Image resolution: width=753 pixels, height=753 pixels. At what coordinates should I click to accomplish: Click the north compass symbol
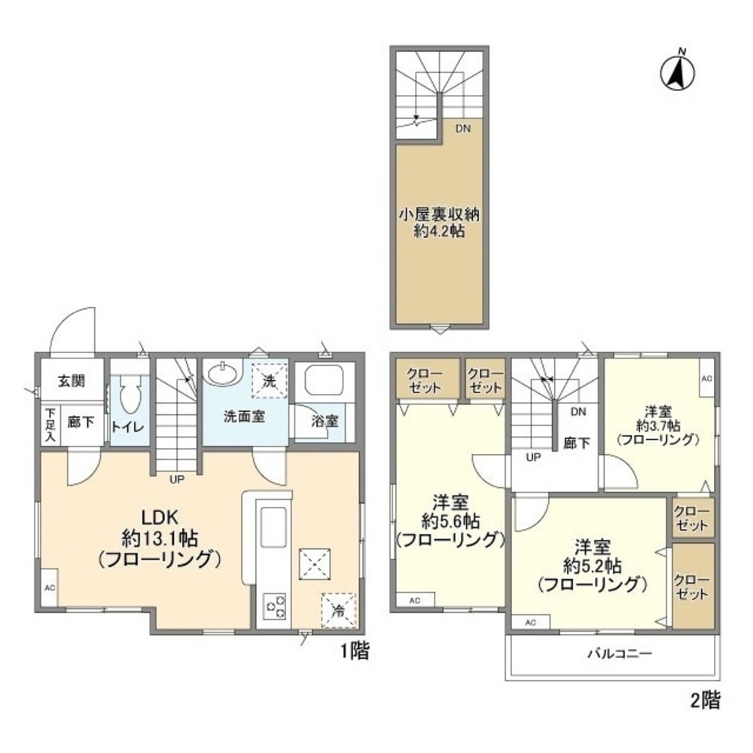[677, 72]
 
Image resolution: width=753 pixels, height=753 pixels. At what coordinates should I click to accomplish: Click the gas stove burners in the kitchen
[273, 606]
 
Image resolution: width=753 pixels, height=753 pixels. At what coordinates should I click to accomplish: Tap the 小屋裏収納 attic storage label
[438, 215]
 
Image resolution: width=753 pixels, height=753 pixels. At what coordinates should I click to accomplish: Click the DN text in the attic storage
[462, 129]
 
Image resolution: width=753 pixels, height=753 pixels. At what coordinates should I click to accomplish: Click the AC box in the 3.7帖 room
[706, 379]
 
